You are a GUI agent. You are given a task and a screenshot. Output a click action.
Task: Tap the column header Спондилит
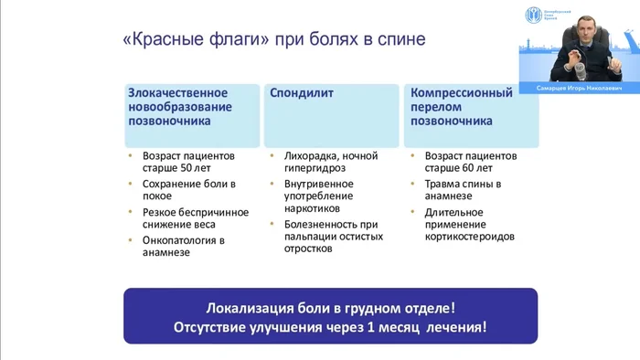point(301,93)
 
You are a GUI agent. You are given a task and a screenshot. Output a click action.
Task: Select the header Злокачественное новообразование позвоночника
point(178,107)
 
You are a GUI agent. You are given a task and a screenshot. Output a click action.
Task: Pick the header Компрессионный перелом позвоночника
point(465,107)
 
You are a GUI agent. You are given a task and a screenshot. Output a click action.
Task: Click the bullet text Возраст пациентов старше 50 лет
point(188,162)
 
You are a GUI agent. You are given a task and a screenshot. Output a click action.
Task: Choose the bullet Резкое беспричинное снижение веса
point(195,219)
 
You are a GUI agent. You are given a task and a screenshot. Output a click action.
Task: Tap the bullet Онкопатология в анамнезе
point(183,247)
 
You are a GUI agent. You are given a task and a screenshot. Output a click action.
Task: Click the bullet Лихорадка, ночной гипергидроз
point(330,162)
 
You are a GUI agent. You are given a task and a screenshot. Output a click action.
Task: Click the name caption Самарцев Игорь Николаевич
point(578,89)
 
